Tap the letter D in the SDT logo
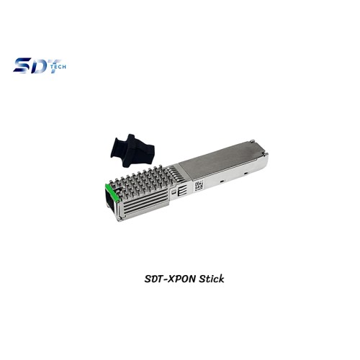pos(36,66)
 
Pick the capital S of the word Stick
pos(201,276)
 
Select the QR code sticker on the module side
pos(199,185)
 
